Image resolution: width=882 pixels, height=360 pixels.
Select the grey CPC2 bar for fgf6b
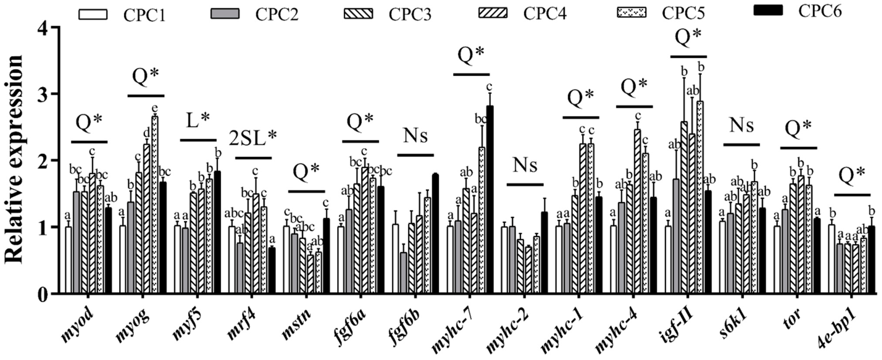click(403, 272)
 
